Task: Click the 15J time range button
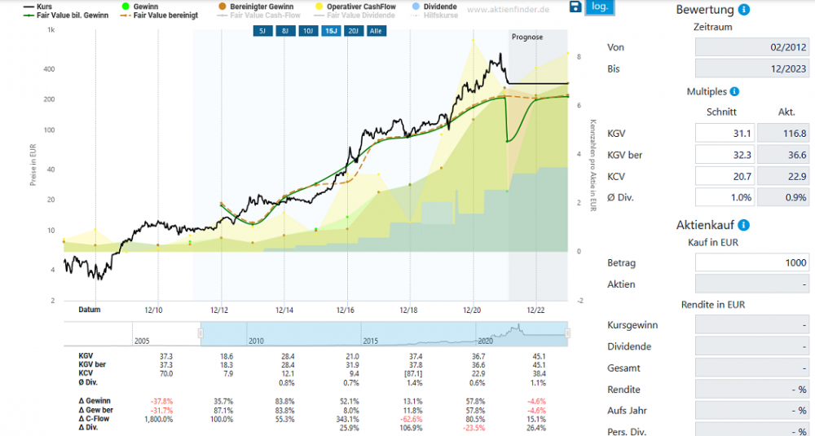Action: pyautogui.click(x=331, y=31)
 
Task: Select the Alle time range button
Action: pyautogui.click(x=376, y=31)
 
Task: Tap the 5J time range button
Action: pyautogui.click(x=262, y=31)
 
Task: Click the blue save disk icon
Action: pyautogui.click(x=575, y=7)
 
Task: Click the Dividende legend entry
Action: pyautogui.click(x=440, y=7)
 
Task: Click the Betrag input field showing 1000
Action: pyautogui.click(x=752, y=263)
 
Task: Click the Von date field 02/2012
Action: pyautogui.click(x=752, y=48)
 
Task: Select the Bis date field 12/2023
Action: pyautogui.click(x=752, y=69)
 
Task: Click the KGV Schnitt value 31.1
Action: pyautogui.click(x=724, y=134)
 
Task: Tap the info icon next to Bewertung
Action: pyautogui.click(x=744, y=11)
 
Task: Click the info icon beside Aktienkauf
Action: pyautogui.click(x=744, y=226)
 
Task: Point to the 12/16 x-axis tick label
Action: pyautogui.click(x=346, y=310)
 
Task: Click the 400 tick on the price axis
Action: pyautogui.click(x=49, y=69)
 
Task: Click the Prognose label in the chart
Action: pyautogui.click(x=526, y=37)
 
